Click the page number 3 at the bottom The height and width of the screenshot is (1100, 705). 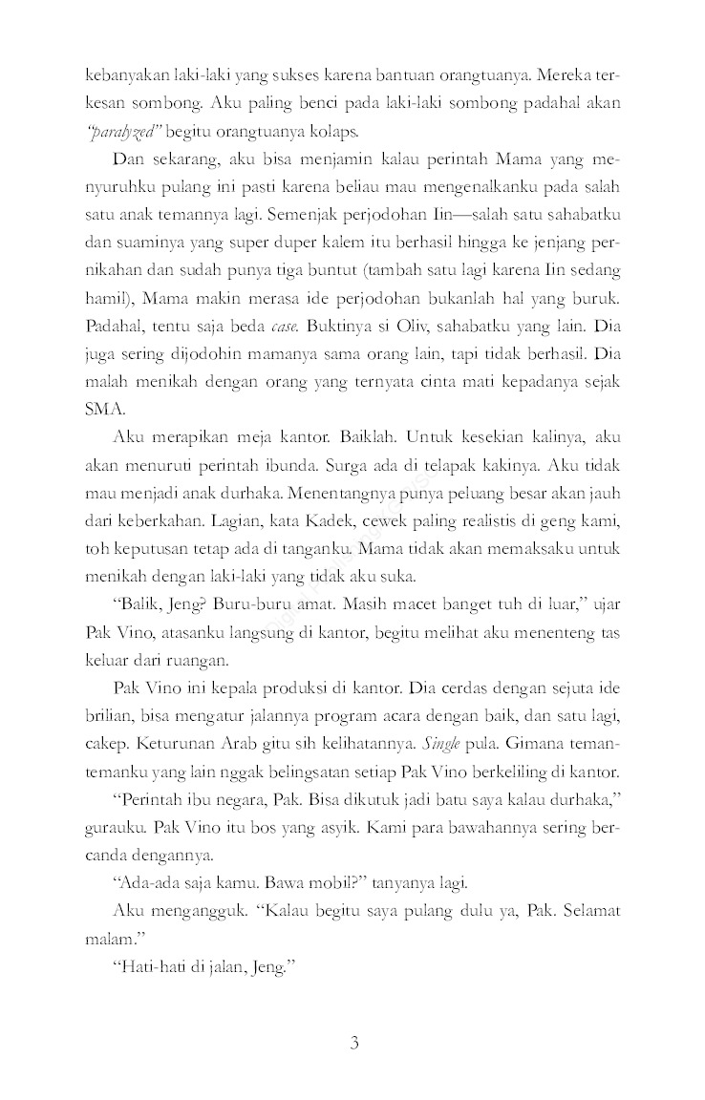352,1041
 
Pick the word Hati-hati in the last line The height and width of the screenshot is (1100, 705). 146,966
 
